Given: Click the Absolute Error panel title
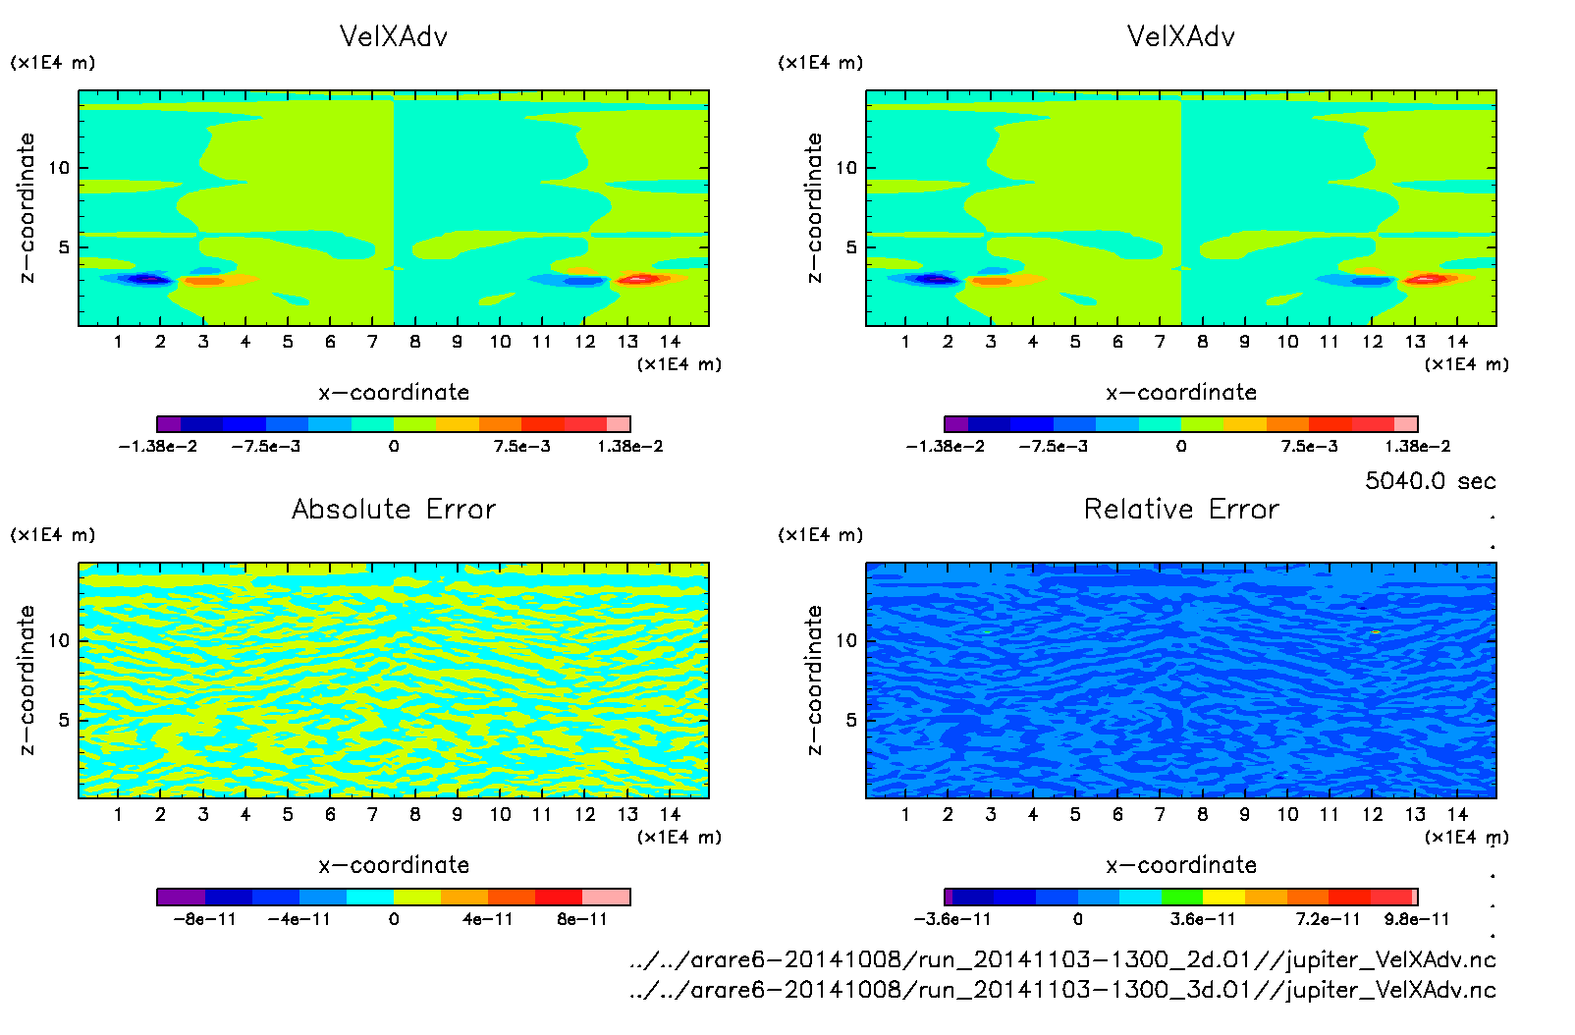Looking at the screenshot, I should [394, 509].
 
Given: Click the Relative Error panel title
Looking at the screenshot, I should [1181, 509].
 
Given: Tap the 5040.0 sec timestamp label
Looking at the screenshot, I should [1430, 481].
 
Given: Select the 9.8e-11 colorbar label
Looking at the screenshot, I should [1416, 919].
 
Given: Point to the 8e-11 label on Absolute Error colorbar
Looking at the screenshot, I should [582, 919].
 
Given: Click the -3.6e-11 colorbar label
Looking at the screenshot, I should [952, 919].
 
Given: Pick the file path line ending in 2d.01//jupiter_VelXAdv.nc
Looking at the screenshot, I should [1062, 959].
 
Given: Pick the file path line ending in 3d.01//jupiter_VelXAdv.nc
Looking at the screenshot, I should [1062, 989].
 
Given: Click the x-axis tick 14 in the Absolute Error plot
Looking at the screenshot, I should [670, 814].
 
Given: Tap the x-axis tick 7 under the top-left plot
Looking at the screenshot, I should [372, 342].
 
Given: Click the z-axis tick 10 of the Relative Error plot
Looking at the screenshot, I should [846, 640].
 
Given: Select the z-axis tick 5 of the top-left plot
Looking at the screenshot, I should [65, 247].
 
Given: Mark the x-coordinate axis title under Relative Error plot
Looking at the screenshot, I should [1181, 865].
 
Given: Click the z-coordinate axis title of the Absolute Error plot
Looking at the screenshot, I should [27, 680].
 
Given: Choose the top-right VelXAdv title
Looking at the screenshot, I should [1181, 36].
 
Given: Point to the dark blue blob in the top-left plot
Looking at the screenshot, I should [147, 280].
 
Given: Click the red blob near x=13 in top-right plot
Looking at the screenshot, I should [1425, 280].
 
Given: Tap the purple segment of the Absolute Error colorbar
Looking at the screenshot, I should [181, 897].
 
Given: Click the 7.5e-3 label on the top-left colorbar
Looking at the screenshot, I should [521, 447].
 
